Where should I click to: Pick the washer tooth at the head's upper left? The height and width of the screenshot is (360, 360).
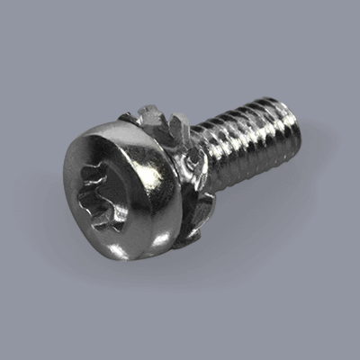point(126,118)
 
